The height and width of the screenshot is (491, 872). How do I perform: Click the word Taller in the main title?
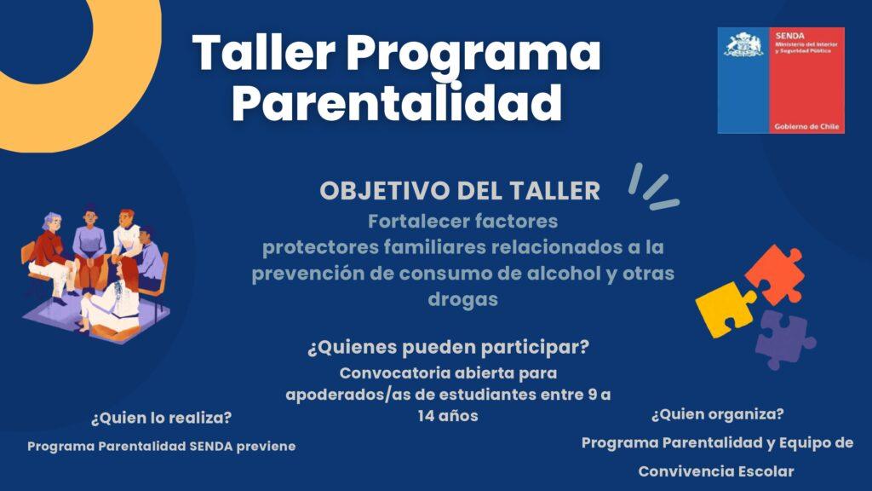(x=264, y=52)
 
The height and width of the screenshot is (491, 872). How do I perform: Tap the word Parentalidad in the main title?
(x=397, y=102)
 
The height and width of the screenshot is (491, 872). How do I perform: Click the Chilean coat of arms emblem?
(x=743, y=45)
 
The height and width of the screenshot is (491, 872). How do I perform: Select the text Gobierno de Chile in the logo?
(x=806, y=127)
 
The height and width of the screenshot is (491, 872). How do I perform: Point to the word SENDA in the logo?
(x=789, y=36)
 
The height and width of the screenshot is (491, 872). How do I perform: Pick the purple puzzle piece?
(x=785, y=339)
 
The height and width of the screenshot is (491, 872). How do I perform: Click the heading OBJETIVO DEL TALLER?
(x=460, y=191)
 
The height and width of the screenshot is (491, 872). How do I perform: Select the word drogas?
(x=462, y=299)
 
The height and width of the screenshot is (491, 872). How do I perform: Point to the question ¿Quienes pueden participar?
(x=448, y=348)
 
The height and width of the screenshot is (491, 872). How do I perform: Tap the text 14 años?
(x=448, y=416)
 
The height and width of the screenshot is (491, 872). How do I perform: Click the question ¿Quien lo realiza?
(x=161, y=418)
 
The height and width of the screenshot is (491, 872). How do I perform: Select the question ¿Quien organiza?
(x=717, y=414)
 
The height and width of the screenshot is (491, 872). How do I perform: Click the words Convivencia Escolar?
(x=716, y=471)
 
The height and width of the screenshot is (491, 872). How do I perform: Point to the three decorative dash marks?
(x=653, y=188)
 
